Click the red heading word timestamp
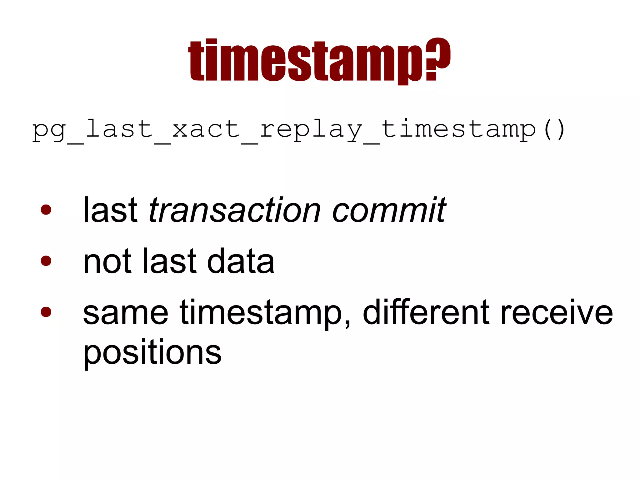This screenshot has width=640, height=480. point(306,61)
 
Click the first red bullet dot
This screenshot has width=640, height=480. point(46,210)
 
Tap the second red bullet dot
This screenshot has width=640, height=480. point(46,260)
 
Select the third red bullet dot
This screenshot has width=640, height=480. point(46,312)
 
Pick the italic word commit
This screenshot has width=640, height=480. point(389,210)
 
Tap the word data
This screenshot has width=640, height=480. point(241,261)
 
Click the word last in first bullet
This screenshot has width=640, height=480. point(110,210)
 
